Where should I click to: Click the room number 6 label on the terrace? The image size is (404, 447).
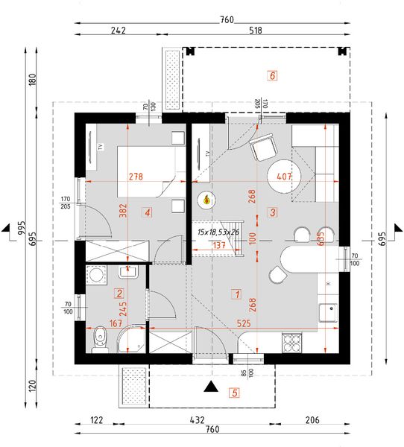tap(273, 75)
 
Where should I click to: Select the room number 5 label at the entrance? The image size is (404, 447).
tap(234, 393)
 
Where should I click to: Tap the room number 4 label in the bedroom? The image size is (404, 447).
tap(148, 213)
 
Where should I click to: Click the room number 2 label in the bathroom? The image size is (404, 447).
tap(119, 293)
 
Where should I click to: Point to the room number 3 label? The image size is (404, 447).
tap(273, 212)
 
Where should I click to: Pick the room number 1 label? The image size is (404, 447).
tap(236, 294)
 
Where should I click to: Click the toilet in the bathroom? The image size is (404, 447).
tap(100, 340)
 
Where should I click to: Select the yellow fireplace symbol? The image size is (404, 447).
tap(206, 200)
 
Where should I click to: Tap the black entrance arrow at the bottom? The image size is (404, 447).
tap(212, 387)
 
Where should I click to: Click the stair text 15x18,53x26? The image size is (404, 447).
tap(218, 232)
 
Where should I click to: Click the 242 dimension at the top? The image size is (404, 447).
tap(118, 31)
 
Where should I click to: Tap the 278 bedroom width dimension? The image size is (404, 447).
tap(135, 177)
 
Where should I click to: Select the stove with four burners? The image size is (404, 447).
tap(292, 341)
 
